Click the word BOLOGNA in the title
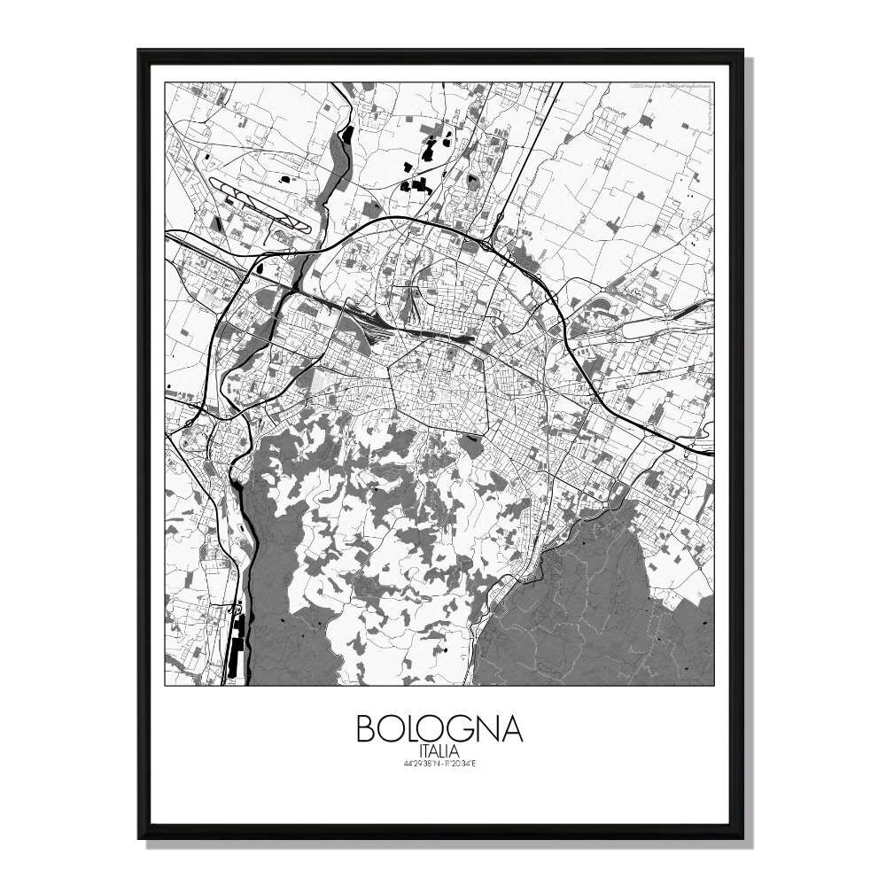pos(439,728)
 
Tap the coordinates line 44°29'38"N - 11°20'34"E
pos(439,765)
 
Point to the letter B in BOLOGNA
pos(365,728)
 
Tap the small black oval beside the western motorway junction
pos(263,263)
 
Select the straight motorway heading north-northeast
pos(532,151)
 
